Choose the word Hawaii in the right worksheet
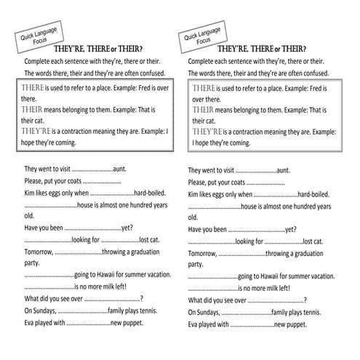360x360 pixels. [267, 275]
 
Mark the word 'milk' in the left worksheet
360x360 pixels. [111, 287]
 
